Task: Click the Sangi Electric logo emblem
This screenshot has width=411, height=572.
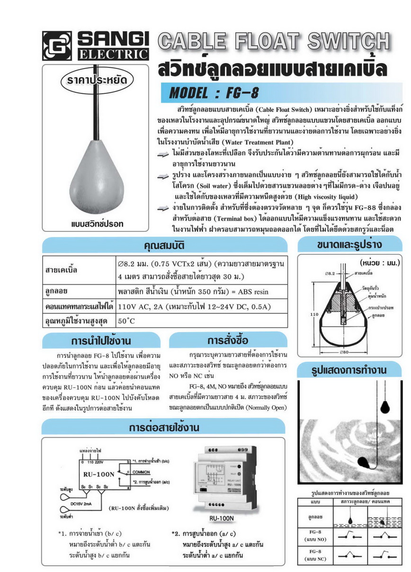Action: click(56, 45)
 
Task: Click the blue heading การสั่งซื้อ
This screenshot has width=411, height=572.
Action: click(227, 340)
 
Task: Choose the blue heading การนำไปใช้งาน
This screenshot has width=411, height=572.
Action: click(101, 340)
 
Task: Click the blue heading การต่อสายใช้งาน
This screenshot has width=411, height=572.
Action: click(164, 427)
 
